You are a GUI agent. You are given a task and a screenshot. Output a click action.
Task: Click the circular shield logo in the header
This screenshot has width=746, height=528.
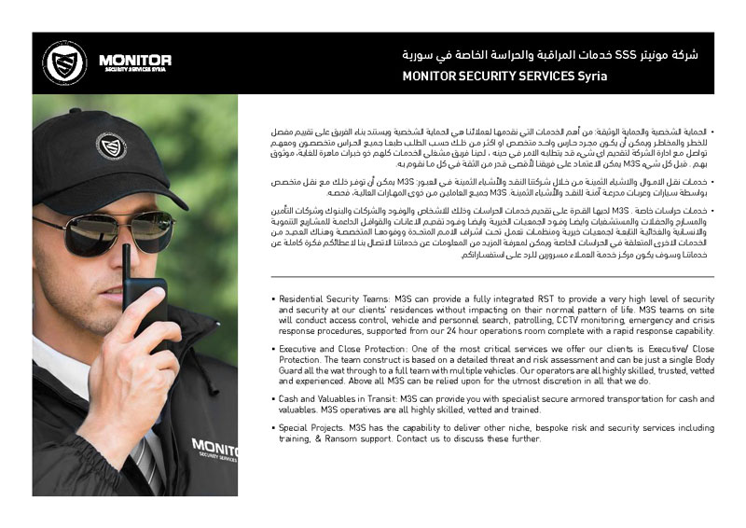tap(64, 63)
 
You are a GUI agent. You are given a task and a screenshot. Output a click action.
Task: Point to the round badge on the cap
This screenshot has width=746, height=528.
tap(111, 146)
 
